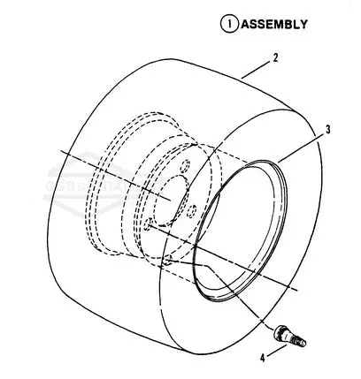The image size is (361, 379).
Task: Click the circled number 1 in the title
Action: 229,24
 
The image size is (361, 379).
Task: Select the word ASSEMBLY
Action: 274,24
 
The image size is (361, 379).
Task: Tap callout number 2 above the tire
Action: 275,57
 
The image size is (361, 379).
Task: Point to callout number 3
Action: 327,130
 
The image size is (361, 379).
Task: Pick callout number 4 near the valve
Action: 263,358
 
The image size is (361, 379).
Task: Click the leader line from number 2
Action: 256,70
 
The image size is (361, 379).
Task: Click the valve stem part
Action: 289,336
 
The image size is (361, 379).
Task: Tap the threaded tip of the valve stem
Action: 301,343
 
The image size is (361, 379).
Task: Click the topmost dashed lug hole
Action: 186,166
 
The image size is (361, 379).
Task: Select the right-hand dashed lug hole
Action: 192,211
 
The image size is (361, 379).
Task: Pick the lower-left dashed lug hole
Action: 148,224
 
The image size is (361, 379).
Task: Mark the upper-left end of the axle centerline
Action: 61,151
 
